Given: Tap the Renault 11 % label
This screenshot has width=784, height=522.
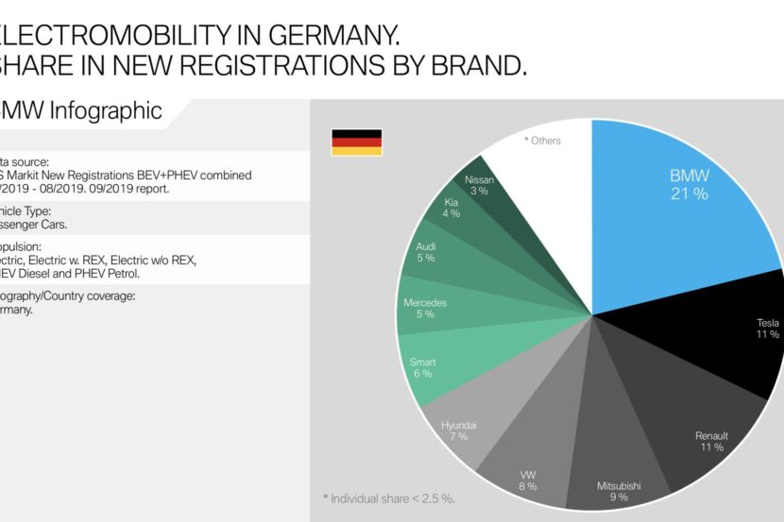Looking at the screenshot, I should [711, 442].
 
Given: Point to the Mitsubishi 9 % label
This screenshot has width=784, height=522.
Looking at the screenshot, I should [620, 492].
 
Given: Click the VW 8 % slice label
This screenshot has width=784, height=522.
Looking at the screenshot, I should [527, 480].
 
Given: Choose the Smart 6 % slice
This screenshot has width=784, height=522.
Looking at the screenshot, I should [422, 367].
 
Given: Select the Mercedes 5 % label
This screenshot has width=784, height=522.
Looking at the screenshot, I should [425, 309].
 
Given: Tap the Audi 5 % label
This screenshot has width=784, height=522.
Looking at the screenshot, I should [427, 251].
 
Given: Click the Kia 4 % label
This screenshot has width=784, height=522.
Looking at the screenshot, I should [452, 207].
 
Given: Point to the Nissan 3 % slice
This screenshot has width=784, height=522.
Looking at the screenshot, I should [479, 185].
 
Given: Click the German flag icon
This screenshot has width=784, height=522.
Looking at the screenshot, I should [356, 143].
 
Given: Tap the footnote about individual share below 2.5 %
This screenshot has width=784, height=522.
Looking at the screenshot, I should [388, 497].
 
